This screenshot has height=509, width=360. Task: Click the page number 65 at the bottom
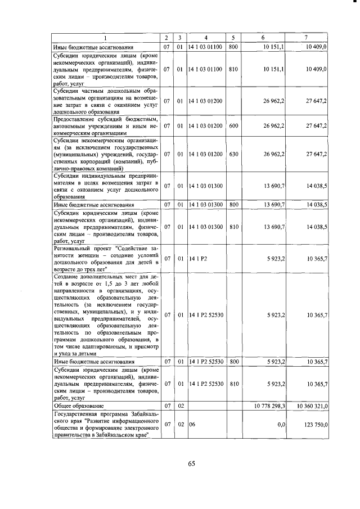(191, 463)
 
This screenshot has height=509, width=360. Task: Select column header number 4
(206, 38)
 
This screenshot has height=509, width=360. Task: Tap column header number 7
(306, 38)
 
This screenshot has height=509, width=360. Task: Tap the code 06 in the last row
(192, 427)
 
